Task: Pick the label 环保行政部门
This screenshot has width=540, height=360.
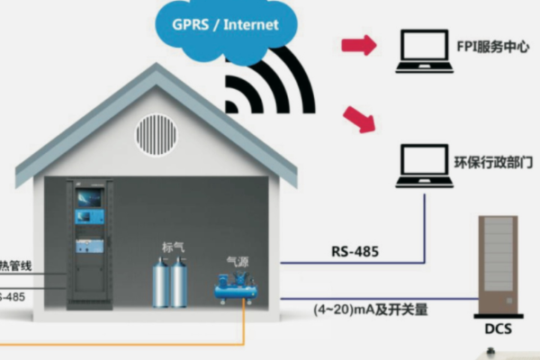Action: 498,164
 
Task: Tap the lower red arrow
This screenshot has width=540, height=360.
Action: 359,119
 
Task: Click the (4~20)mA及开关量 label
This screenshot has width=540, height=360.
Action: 371,310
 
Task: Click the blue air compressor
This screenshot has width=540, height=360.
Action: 236,287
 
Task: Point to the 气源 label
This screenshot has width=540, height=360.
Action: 236,262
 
